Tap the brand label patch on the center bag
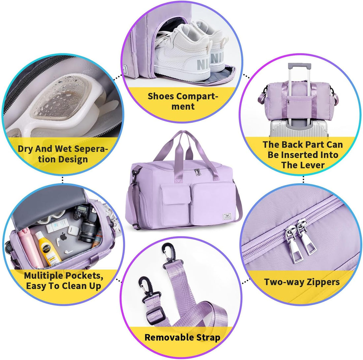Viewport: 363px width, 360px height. [226, 216]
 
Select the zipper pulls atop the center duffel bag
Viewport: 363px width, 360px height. [197, 172]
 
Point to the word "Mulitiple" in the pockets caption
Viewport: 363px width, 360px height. [44, 275]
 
